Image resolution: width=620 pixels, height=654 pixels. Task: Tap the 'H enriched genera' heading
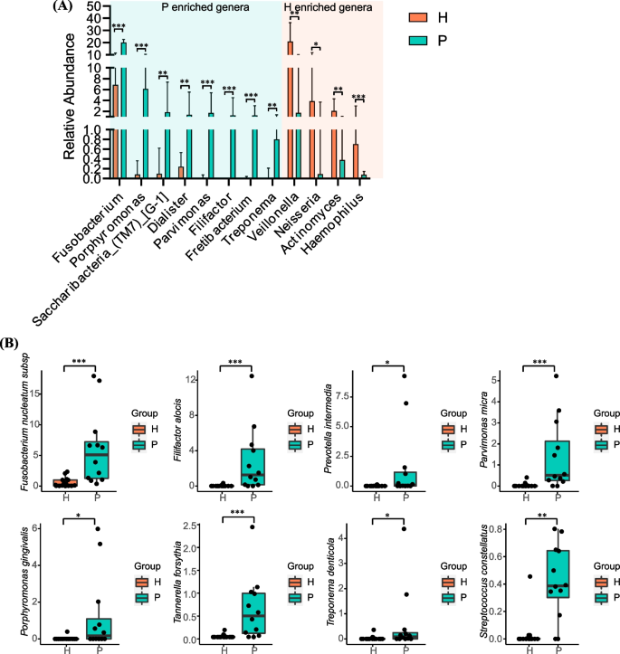[x=328, y=8]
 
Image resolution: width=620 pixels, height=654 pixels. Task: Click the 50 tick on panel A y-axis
[x=93, y=5]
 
